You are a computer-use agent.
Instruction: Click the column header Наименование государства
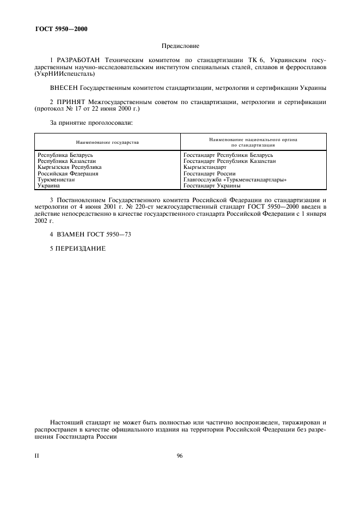coord(107,142)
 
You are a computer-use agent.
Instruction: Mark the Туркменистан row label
coord(57,179)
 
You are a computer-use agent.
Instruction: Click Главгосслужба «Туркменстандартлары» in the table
coord(235,179)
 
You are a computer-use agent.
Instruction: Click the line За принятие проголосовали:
coord(83,123)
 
